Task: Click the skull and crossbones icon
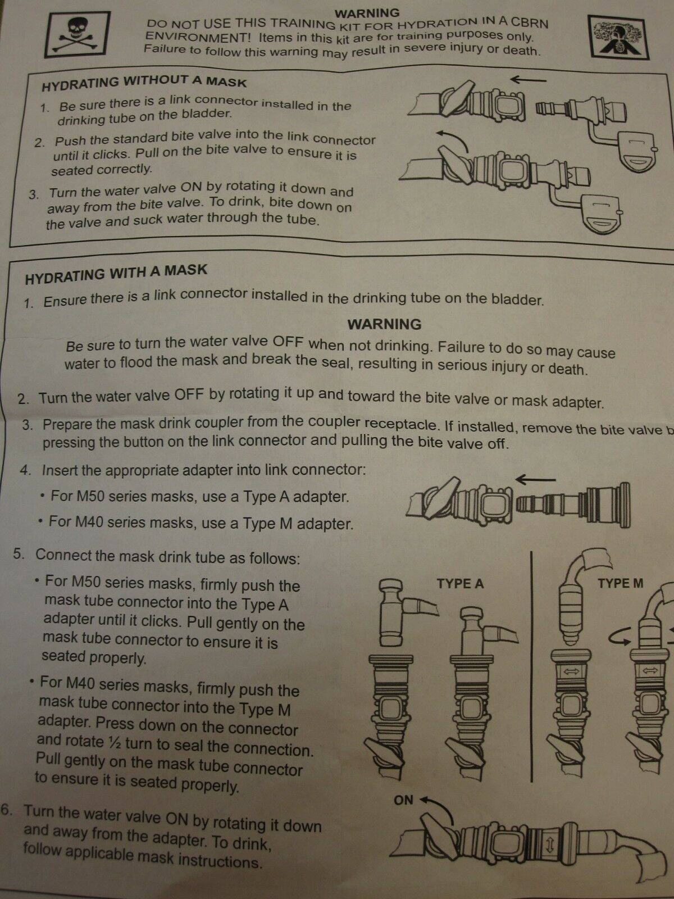click(x=78, y=35)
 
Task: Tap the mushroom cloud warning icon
click(x=618, y=37)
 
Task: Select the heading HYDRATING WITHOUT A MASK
click(x=144, y=83)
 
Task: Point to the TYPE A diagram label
click(x=460, y=584)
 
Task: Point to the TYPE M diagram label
click(x=621, y=583)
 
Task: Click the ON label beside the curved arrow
click(x=403, y=800)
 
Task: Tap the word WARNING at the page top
click(x=367, y=13)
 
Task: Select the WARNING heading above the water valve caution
click(x=384, y=324)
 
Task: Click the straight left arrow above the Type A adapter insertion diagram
click(x=536, y=479)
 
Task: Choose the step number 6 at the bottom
click(x=6, y=810)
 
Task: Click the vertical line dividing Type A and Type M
click(x=531, y=666)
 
